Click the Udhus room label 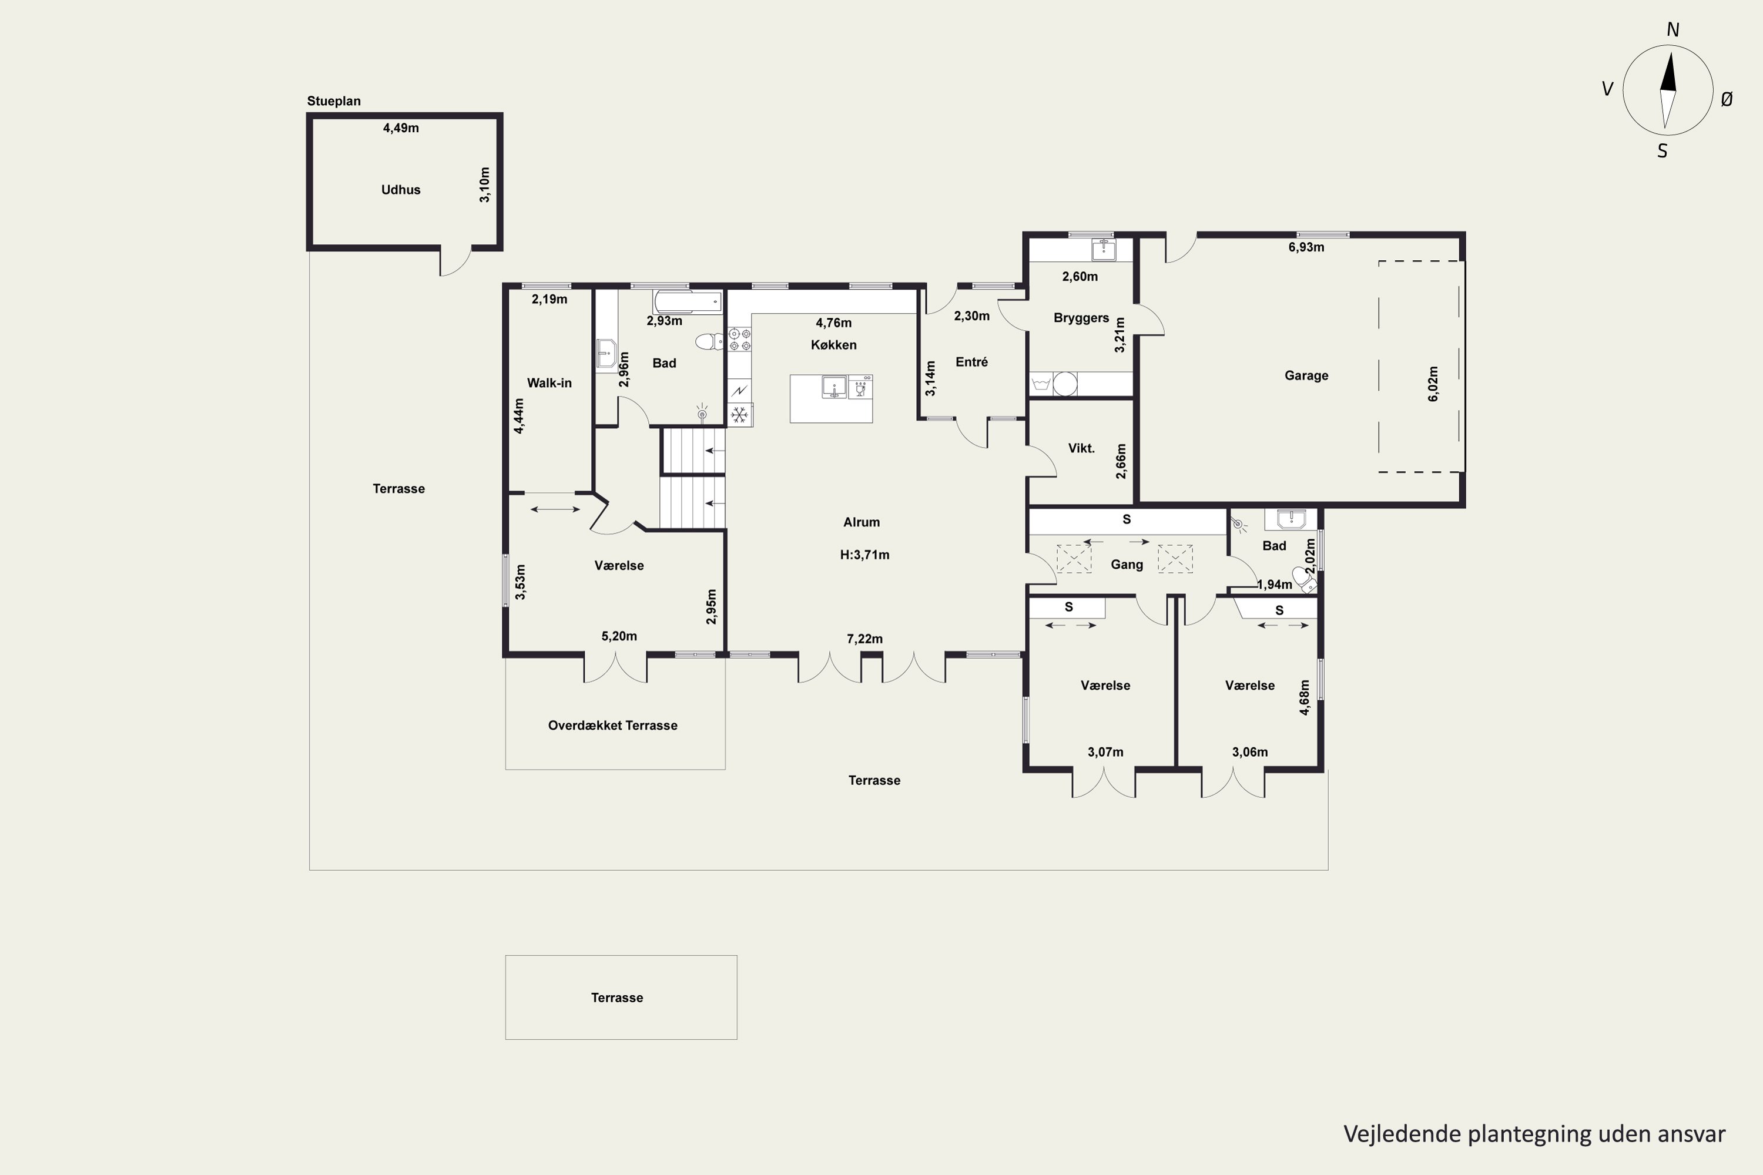click(x=400, y=190)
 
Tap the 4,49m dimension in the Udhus click(x=401, y=128)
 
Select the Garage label click(x=1306, y=375)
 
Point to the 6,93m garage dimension click(x=1306, y=247)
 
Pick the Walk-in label click(x=549, y=383)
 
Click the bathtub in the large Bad click(x=688, y=302)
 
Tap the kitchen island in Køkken click(x=832, y=399)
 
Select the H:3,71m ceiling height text click(x=865, y=555)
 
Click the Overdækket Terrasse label click(x=612, y=726)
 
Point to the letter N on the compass click(x=1672, y=30)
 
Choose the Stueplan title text click(x=334, y=101)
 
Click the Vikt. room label click(x=1082, y=448)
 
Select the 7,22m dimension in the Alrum click(x=865, y=639)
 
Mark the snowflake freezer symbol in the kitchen click(x=740, y=414)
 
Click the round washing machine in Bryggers click(x=1065, y=384)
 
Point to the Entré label click(x=971, y=362)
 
